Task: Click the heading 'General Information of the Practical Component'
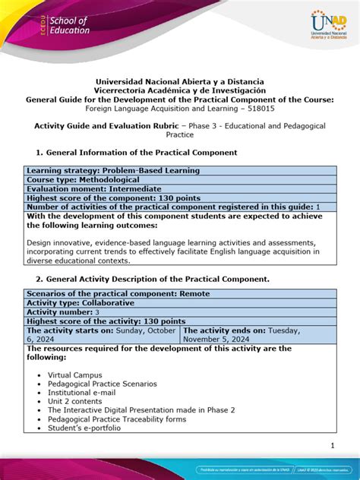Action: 137,153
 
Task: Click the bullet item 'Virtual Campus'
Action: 77,376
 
